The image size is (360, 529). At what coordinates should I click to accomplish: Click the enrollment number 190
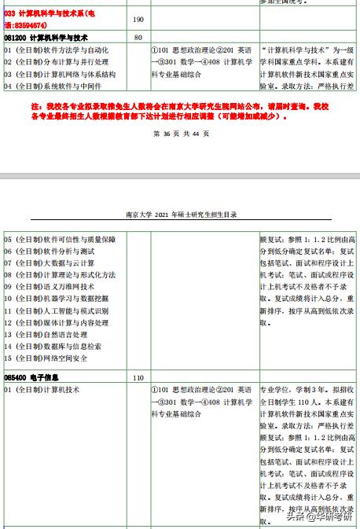click(138, 19)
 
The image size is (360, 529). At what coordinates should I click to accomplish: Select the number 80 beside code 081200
click(138, 37)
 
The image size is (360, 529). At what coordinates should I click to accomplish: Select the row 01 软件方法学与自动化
click(56, 50)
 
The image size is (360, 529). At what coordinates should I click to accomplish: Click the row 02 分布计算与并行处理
click(56, 62)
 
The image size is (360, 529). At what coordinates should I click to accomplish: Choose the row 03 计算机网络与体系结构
click(60, 74)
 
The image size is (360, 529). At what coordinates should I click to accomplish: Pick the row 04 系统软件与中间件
click(56, 86)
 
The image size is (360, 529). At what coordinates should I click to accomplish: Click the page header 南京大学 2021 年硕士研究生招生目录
click(182, 214)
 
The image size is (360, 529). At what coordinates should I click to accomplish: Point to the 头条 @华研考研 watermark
click(318, 516)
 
